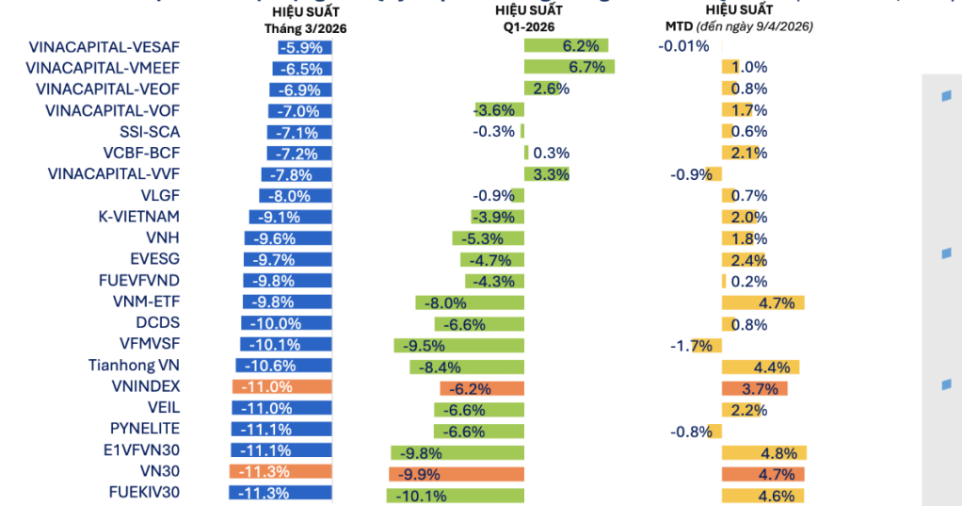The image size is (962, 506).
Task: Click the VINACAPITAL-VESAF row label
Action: click(104, 46)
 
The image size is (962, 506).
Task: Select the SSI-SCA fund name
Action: click(150, 132)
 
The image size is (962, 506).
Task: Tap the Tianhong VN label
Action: click(134, 366)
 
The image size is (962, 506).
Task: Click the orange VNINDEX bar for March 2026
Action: click(281, 387)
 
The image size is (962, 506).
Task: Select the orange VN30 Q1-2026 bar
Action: click(456, 474)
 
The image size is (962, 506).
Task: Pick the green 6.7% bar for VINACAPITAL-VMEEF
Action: click(569, 67)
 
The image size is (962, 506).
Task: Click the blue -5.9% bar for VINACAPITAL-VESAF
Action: click(303, 46)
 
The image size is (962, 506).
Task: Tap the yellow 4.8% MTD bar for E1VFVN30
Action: click(763, 452)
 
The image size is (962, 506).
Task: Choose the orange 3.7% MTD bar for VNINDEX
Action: click(754, 387)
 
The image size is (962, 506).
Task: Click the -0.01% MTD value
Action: click(683, 45)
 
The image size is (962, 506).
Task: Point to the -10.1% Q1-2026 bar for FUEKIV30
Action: click(455, 495)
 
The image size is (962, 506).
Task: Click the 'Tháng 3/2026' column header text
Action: click(305, 28)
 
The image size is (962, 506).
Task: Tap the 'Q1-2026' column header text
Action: click(528, 27)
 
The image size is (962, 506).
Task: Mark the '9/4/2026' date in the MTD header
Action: click(783, 27)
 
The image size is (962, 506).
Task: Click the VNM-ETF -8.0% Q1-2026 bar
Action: click(470, 302)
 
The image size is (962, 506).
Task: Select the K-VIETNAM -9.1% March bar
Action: click(290, 217)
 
